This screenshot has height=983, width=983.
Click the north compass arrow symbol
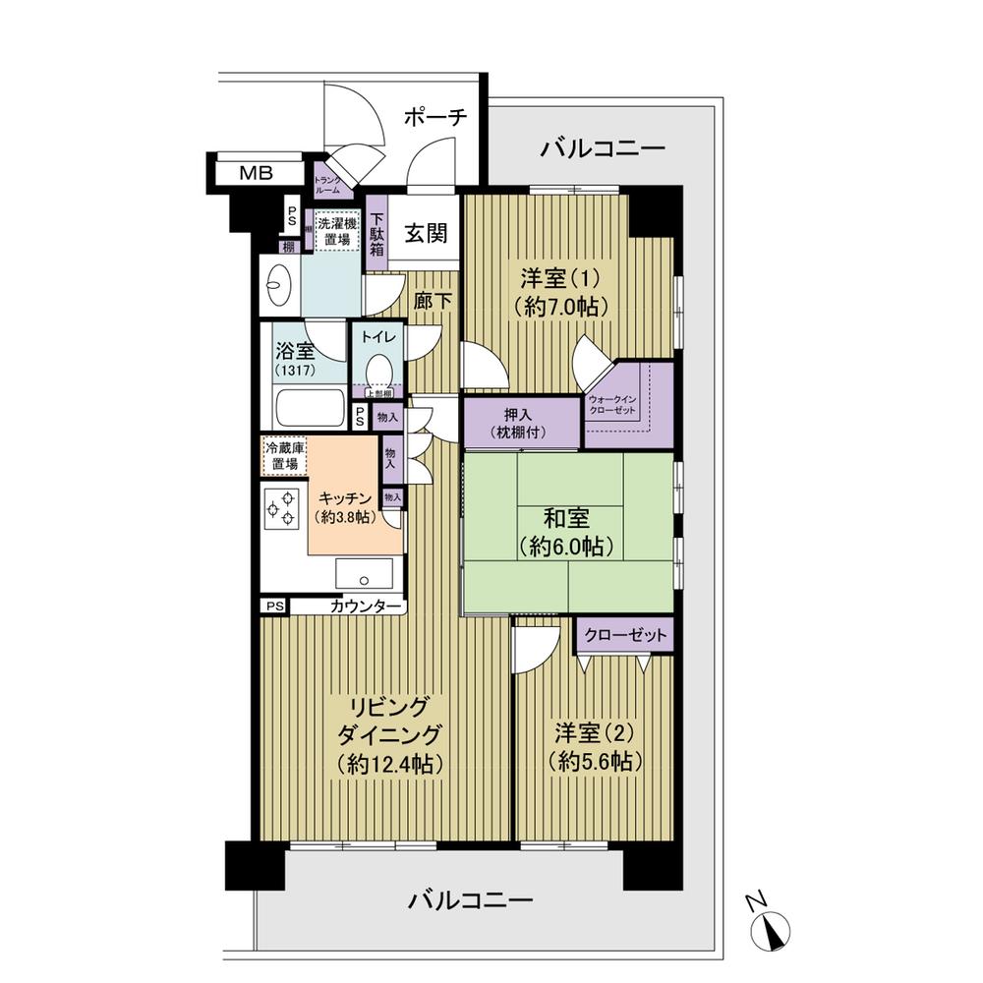click(774, 925)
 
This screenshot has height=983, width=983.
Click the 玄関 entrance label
click(426, 233)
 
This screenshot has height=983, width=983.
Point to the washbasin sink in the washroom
click(279, 285)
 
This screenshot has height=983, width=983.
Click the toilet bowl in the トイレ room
click(378, 371)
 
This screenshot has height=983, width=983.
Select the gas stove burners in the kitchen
click(281, 508)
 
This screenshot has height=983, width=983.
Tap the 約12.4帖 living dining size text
click(386, 763)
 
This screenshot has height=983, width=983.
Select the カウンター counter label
click(366, 607)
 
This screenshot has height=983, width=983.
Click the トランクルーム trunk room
click(327, 185)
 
